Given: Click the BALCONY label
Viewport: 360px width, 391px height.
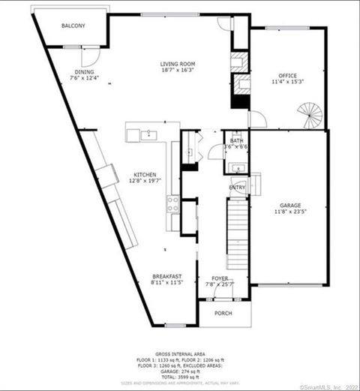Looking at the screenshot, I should tap(73, 26).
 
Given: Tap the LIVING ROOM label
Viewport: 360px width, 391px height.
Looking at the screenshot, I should tap(178, 65).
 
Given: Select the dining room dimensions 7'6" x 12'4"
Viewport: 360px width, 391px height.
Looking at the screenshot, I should tap(84, 77).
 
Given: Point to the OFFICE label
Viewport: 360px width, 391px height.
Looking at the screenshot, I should tap(288, 75).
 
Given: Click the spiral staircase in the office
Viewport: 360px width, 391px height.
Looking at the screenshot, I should tap(310, 115).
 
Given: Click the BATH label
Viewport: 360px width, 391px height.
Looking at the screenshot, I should tap(237, 140).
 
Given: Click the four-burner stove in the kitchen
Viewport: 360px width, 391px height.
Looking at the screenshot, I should tap(173, 203).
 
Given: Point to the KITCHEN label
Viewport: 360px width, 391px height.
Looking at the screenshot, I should tap(145, 174).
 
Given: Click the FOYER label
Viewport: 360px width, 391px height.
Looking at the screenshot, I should tap(220, 278).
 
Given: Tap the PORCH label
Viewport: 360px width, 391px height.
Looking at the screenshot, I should tap(223, 313).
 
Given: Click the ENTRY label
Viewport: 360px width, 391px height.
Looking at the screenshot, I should tap(237, 187).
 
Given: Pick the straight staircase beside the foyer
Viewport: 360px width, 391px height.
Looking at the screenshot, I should tap(238, 236).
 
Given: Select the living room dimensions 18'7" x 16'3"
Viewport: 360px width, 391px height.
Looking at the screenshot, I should tap(178, 71).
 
